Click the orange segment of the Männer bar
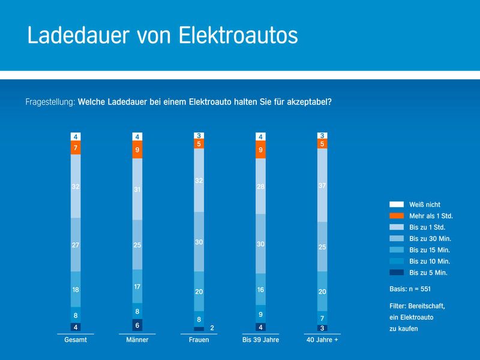click(x=137, y=150)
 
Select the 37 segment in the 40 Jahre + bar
click(x=323, y=186)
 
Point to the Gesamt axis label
click(x=75, y=340)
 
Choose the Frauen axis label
click(x=199, y=340)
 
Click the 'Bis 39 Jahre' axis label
click(x=260, y=340)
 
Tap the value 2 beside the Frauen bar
click(x=212, y=328)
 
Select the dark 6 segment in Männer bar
click(x=137, y=325)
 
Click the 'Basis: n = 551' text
click(x=414, y=289)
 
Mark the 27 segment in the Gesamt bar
click(x=76, y=245)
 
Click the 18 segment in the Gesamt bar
click(x=76, y=289)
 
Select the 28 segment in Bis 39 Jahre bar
click(x=260, y=186)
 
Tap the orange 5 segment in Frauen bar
click(x=199, y=144)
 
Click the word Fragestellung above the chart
click(x=50, y=101)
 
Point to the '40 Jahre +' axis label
click(x=322, y=340)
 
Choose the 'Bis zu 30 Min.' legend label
click(x=430, y=239)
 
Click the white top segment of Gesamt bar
click(x=76, y=136)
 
